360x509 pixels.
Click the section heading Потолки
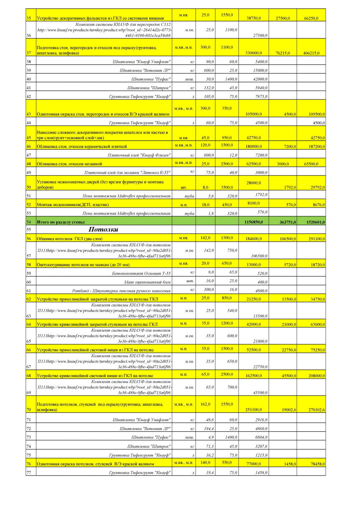(103, 229)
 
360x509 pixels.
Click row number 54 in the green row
(29, 222)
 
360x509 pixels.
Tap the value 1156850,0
(254, 222)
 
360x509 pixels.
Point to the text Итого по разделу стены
(61, 222)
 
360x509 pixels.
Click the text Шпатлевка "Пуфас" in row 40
(151, 79)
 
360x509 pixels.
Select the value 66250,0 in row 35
(311, 18)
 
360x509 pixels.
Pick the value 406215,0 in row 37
(311, 53)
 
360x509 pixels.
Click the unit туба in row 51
(189, 196)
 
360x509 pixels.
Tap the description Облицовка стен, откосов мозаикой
(70, 164)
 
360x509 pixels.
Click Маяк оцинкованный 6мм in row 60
(147, 282)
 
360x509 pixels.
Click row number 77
(29, 473)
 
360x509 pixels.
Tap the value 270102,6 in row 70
(317, 410)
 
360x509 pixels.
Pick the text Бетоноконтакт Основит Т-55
(141, 273)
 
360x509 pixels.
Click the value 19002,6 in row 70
(289, 410)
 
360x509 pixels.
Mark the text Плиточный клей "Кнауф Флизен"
(139, 155)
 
